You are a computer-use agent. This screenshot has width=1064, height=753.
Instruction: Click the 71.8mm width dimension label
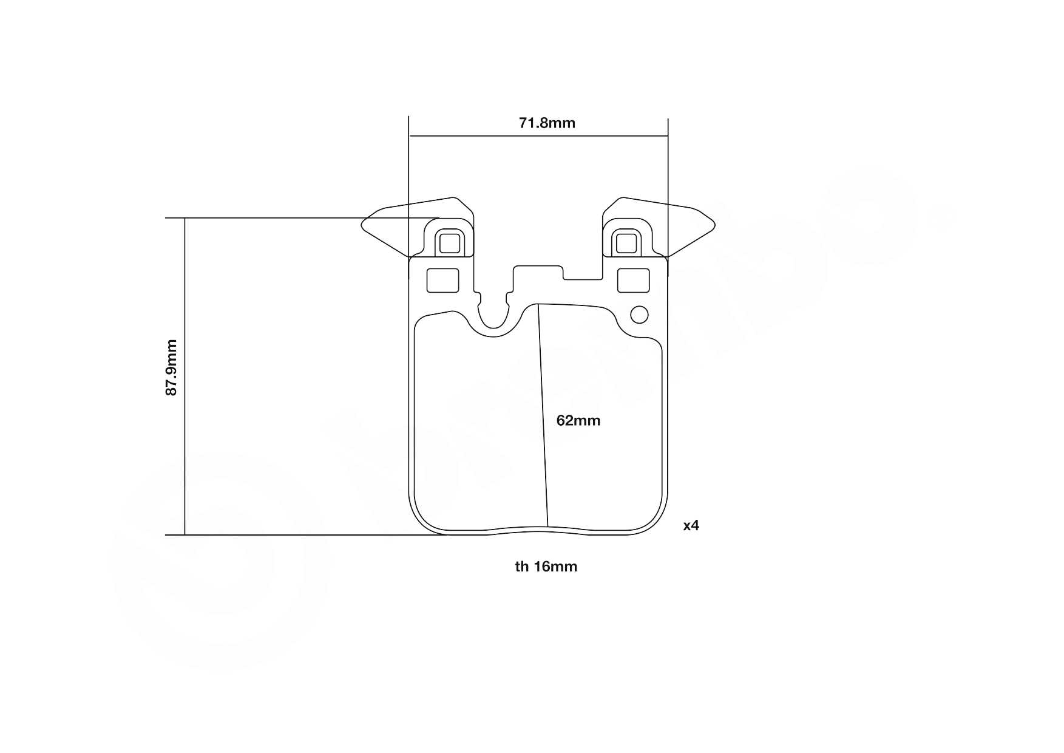(x=546, y=123)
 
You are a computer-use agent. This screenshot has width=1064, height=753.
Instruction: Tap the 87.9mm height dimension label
(x=172, y=367)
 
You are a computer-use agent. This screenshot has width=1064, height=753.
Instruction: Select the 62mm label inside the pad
(x=578, y=420)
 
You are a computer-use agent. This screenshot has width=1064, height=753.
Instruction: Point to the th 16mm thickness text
(x=546, y=567)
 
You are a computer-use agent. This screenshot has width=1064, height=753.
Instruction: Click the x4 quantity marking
(x=691, y=525)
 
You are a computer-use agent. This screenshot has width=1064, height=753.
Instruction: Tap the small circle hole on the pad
(x=639, y=315)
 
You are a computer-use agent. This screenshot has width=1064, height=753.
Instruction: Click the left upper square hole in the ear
(x=449, y=244)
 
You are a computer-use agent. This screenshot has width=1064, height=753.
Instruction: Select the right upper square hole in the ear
(x=626, y=244)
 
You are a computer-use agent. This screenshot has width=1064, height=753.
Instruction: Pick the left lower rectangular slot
(x=443, y=280)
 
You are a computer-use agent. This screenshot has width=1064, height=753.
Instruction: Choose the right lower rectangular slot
(x=633, y=280)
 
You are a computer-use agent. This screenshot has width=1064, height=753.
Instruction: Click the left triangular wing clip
(x=388, y=228)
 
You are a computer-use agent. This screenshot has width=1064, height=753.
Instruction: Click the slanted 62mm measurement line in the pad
(x=543, y=419)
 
